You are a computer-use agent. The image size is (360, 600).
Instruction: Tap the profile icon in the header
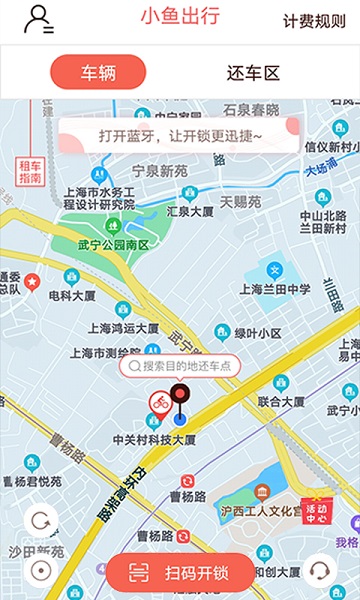coord(39,20)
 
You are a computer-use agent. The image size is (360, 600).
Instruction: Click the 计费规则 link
coord(314,21)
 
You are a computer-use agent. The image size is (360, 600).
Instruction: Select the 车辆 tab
coord(98,72)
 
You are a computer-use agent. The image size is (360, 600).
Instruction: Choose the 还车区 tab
coord(253,72)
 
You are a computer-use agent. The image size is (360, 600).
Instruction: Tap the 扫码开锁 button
coord(181,573)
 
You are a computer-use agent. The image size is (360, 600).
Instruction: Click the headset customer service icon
coord(320,571)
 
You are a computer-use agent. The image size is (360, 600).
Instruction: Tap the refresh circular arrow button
coord(41,522)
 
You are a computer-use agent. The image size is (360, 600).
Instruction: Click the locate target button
coord(41,571)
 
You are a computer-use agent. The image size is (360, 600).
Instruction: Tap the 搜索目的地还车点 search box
coord(180,366)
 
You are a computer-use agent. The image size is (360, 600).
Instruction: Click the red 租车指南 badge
coord(30,172)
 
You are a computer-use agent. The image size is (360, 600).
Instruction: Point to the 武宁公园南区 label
coord(112,245)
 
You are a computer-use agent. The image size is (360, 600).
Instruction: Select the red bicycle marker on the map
coord(158,402)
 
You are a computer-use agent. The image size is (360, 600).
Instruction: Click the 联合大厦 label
coord(281,401)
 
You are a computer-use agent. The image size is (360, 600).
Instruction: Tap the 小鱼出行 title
coord(180,17)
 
